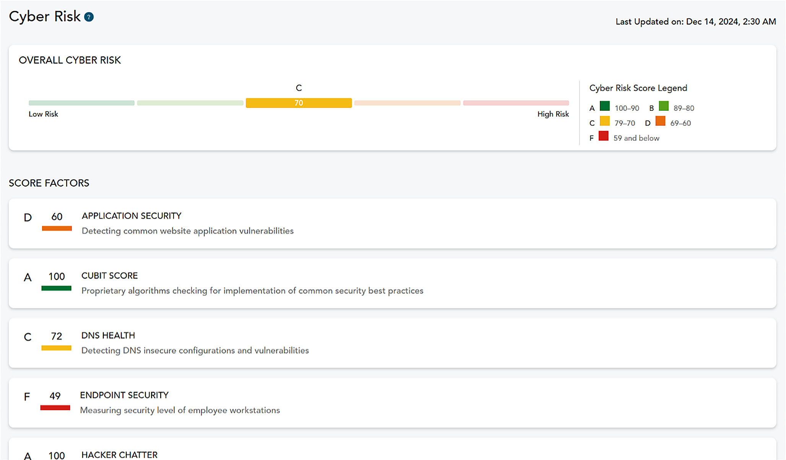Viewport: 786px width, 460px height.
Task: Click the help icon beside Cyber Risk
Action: [89, 17]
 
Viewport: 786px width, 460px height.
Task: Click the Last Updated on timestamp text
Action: [695, 22]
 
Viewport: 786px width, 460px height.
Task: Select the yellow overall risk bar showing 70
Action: [299, 103]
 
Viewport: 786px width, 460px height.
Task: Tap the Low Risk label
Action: [43, 114]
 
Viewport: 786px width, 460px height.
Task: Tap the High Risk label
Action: [553, 114]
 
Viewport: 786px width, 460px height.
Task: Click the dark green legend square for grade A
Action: [605, 106]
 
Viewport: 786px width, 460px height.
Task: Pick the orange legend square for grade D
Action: [660, 121]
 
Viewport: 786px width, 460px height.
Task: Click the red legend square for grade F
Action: [603, 136]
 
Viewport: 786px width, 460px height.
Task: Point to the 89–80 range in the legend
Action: [684, 108]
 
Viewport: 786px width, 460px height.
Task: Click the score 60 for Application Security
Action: [57, 217]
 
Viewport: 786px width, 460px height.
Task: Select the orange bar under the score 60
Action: [57, 228]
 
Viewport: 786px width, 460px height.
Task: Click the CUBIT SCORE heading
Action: [109, 276]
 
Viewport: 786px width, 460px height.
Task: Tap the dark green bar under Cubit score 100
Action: [56, 288]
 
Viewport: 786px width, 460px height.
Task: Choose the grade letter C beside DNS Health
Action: [28, 337]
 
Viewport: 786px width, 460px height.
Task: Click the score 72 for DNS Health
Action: [57, 336]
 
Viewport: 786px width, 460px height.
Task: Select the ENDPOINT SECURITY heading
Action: [124, 395]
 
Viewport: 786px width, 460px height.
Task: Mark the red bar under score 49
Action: [55, 408]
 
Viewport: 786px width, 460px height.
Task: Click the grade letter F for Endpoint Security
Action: [27, 397]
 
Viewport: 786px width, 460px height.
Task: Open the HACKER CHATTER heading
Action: [119, 455]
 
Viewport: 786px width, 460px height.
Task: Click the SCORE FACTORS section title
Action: [49, 183]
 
